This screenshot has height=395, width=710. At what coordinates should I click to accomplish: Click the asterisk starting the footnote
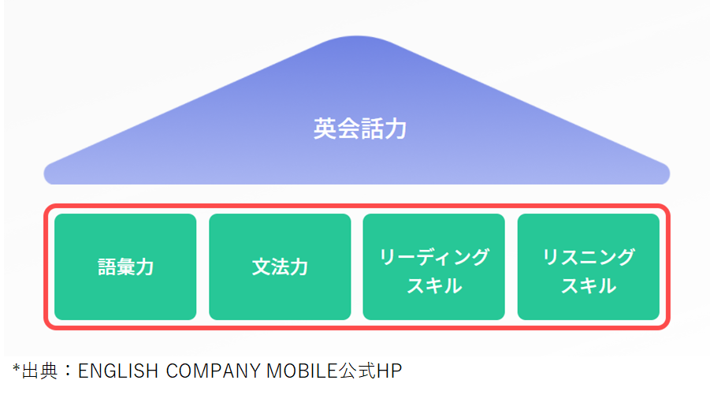[16, 367]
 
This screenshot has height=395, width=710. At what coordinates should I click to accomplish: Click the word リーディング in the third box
[434, 257]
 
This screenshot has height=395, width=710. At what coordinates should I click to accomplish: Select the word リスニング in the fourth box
[589, 257]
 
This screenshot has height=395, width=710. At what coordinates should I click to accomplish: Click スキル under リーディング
[434, 285]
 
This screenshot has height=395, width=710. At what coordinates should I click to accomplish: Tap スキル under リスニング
[589, 285]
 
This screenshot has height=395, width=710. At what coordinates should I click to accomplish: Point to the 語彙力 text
[125, 267]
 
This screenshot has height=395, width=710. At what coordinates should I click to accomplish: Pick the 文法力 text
[280, 267]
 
